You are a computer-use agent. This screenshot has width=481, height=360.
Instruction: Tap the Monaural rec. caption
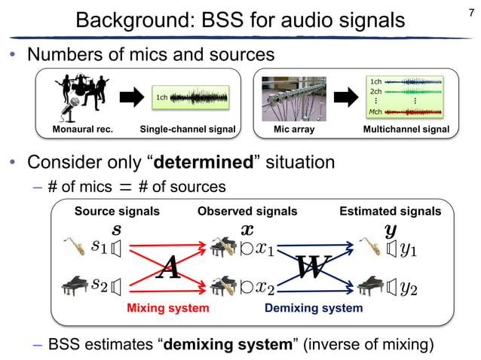pos(82,130)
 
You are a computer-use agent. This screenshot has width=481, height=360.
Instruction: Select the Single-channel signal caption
pos(188,130)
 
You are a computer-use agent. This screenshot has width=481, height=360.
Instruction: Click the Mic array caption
pos(294,130)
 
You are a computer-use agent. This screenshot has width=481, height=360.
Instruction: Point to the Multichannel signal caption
pos(406,130)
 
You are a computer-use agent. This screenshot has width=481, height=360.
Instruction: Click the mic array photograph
pos(294,99)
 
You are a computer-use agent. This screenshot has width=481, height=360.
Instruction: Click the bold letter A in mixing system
pos(167,267)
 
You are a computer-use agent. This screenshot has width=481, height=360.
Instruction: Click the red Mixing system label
pos(167,308)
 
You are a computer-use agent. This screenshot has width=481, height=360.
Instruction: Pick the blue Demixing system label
pos(313,308)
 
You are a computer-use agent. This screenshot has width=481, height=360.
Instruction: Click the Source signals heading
pos(117,212)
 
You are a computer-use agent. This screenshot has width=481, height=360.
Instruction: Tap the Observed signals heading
pos(247,212)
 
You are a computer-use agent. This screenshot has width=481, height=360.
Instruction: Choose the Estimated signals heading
pos(391,212)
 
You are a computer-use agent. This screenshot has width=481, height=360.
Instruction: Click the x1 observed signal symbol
pos(264,248)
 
